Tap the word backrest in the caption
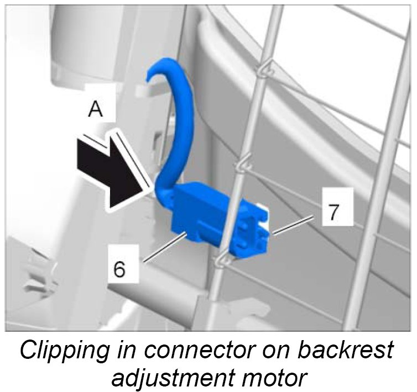click(x=350, y=352)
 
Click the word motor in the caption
click(x=275, y=379)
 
